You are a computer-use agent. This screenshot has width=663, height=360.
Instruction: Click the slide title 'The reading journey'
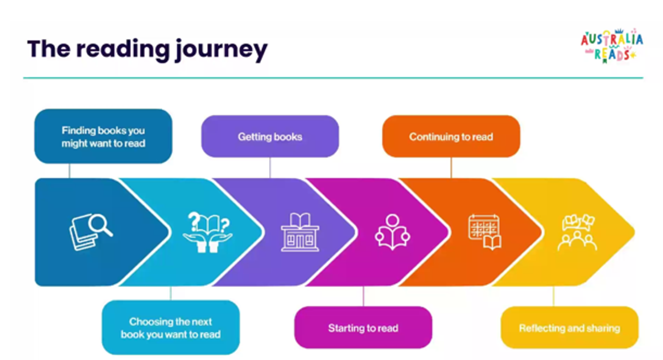pos(147,49)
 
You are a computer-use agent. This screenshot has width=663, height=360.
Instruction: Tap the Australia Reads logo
pos(612,46)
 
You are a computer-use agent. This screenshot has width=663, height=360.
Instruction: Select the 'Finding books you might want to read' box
pos(103,136)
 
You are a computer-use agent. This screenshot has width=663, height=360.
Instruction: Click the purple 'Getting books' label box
pos(270,136)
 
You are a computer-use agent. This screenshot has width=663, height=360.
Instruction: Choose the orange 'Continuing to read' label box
pos(451,136)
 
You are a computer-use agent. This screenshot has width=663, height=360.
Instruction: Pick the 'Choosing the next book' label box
pos(171,327)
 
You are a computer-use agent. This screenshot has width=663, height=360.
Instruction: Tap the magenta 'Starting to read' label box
pos(363,328)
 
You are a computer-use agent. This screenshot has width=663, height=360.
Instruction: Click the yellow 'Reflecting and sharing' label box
pos(569,328)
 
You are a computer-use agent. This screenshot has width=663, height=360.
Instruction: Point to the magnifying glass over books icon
pos(91,231)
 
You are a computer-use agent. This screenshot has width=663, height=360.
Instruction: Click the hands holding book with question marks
pos(207,231)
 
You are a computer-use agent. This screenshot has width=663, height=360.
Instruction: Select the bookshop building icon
pos(299,231)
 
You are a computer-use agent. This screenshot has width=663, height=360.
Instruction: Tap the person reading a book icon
pos(392,230)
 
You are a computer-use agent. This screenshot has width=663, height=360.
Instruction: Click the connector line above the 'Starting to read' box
pos(363,297)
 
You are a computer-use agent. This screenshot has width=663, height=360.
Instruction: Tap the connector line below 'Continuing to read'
pos(451,167)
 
